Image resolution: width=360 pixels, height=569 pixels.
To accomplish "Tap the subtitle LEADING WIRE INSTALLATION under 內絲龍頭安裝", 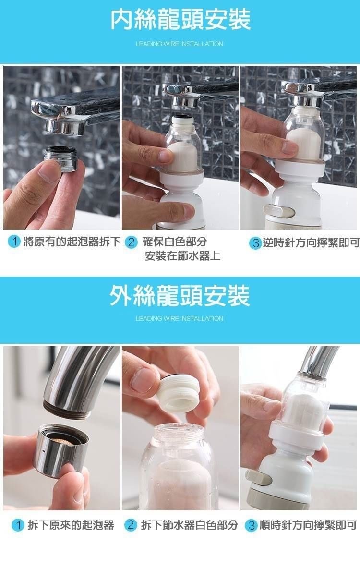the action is pos(179,44).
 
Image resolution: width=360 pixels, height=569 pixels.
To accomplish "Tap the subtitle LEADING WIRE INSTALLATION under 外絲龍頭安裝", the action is pos(179,319).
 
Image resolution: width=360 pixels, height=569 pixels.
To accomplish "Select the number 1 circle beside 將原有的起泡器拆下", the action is pos(14,242).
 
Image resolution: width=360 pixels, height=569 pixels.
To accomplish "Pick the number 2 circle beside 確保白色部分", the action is pos(131,242).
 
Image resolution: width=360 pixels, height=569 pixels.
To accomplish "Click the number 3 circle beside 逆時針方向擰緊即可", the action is pos(255,243).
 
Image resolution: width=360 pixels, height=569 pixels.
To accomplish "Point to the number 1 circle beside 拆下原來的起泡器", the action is pos(18,525).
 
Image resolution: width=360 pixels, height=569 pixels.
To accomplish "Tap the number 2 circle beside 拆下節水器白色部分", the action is pos(131,525).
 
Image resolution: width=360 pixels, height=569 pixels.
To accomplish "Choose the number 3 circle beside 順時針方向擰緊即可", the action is pos(252,525).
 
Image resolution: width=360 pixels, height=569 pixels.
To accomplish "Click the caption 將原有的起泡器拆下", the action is pos(72,242).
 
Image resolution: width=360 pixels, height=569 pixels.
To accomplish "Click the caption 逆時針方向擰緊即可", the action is pos(311,243).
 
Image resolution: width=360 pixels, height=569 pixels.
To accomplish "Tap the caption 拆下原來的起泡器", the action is pos(71,525).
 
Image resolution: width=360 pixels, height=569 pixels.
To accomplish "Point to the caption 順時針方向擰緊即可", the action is pos(308,525).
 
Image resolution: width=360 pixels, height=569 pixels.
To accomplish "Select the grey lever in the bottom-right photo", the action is pos(258,477).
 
